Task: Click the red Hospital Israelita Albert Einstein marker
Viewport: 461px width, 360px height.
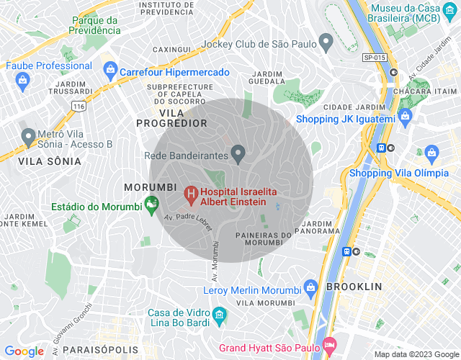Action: point(191,193)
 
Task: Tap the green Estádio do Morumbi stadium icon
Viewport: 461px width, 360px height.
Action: point(151,205)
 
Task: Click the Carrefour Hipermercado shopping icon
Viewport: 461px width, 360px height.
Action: point(110,70)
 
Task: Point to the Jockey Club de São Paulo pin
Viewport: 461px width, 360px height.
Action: point(326,42)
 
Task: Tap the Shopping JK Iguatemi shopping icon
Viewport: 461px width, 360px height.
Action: point(405,115)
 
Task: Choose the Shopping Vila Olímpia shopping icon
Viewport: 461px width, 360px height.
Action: point(431,153)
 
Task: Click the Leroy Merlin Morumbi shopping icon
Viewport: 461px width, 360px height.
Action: point(310,287)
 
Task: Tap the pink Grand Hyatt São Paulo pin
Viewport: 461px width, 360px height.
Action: point(329,345)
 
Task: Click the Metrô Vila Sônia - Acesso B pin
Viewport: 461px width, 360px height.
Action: point(28,135)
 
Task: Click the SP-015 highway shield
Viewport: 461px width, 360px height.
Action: point(374,56)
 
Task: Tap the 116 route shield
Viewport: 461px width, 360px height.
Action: point(79,106)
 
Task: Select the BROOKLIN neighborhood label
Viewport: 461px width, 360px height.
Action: point(354,287)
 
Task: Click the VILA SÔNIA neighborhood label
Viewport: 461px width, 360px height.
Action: point(50,161)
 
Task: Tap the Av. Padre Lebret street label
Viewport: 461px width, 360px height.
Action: point(188,223)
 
